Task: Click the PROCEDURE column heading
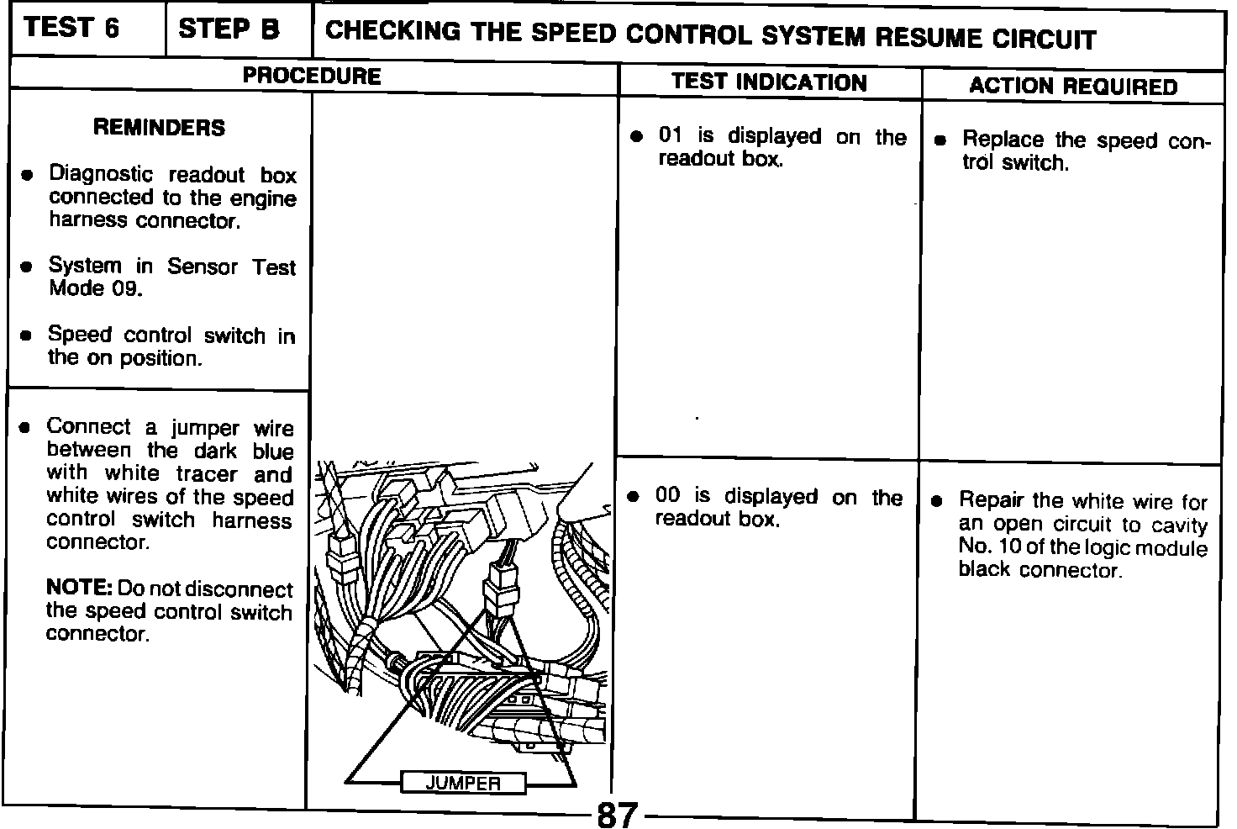coord(312,77)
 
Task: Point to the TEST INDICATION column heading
coord(769,82)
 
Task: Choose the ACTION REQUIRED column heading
coord(1073,86)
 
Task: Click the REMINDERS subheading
coord(159,128)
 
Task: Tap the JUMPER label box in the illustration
coord(463,784)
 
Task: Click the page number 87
coord(618,815)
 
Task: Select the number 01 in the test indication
coord(670,136)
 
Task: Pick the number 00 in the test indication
coord(667,495)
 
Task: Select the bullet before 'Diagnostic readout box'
coord(28,177)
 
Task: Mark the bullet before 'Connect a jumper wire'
coord(26,428)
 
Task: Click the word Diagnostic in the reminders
coord(101,175)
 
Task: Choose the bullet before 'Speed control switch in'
coord(27,335)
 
